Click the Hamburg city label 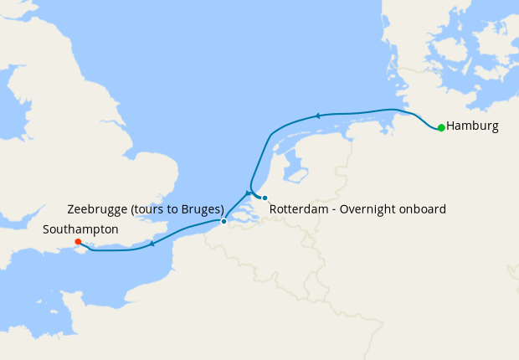472,126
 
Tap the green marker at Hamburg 441,128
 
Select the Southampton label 82,229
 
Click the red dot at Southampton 78,242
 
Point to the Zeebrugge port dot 224,222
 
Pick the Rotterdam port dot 265,198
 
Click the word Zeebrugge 96,208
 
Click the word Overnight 367,208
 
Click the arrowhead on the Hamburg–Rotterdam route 318,116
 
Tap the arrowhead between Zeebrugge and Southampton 152,244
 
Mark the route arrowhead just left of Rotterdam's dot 249,193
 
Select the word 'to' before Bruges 172,208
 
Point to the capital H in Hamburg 451,126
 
